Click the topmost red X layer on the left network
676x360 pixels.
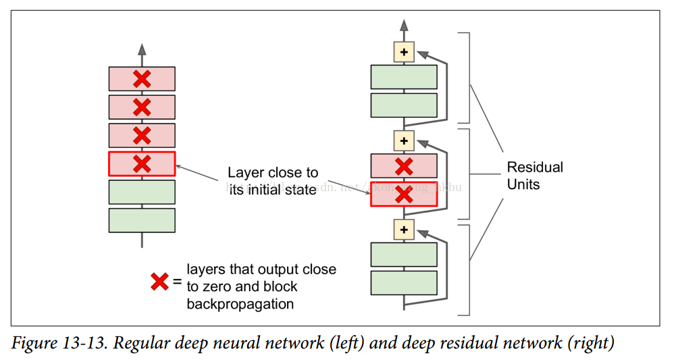(x=142, y=79)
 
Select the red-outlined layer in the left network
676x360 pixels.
(x=142, y=163)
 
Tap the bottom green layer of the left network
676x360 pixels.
(x=142, y=220)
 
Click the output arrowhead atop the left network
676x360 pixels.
(x=142, y=49)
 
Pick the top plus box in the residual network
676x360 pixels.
(x=404, y=52)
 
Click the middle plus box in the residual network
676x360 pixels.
(x=404, y=140)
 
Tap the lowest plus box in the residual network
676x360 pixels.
(x=404, y=230)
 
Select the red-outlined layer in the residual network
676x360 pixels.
(x=404, y=195)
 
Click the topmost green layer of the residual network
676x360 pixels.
(x=404, y=77)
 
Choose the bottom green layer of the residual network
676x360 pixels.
(x=404, y=283)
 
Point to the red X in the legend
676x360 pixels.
(x=159, y=281)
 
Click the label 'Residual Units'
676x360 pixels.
(x=535, y=175)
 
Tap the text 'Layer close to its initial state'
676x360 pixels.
(x=272, y=181)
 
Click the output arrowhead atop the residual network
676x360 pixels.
(x=404, y=26)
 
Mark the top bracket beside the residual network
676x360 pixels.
(x=467, y=78)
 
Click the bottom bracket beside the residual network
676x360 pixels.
(x=467, y=270)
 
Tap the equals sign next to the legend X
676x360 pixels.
(x=177, y=281)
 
